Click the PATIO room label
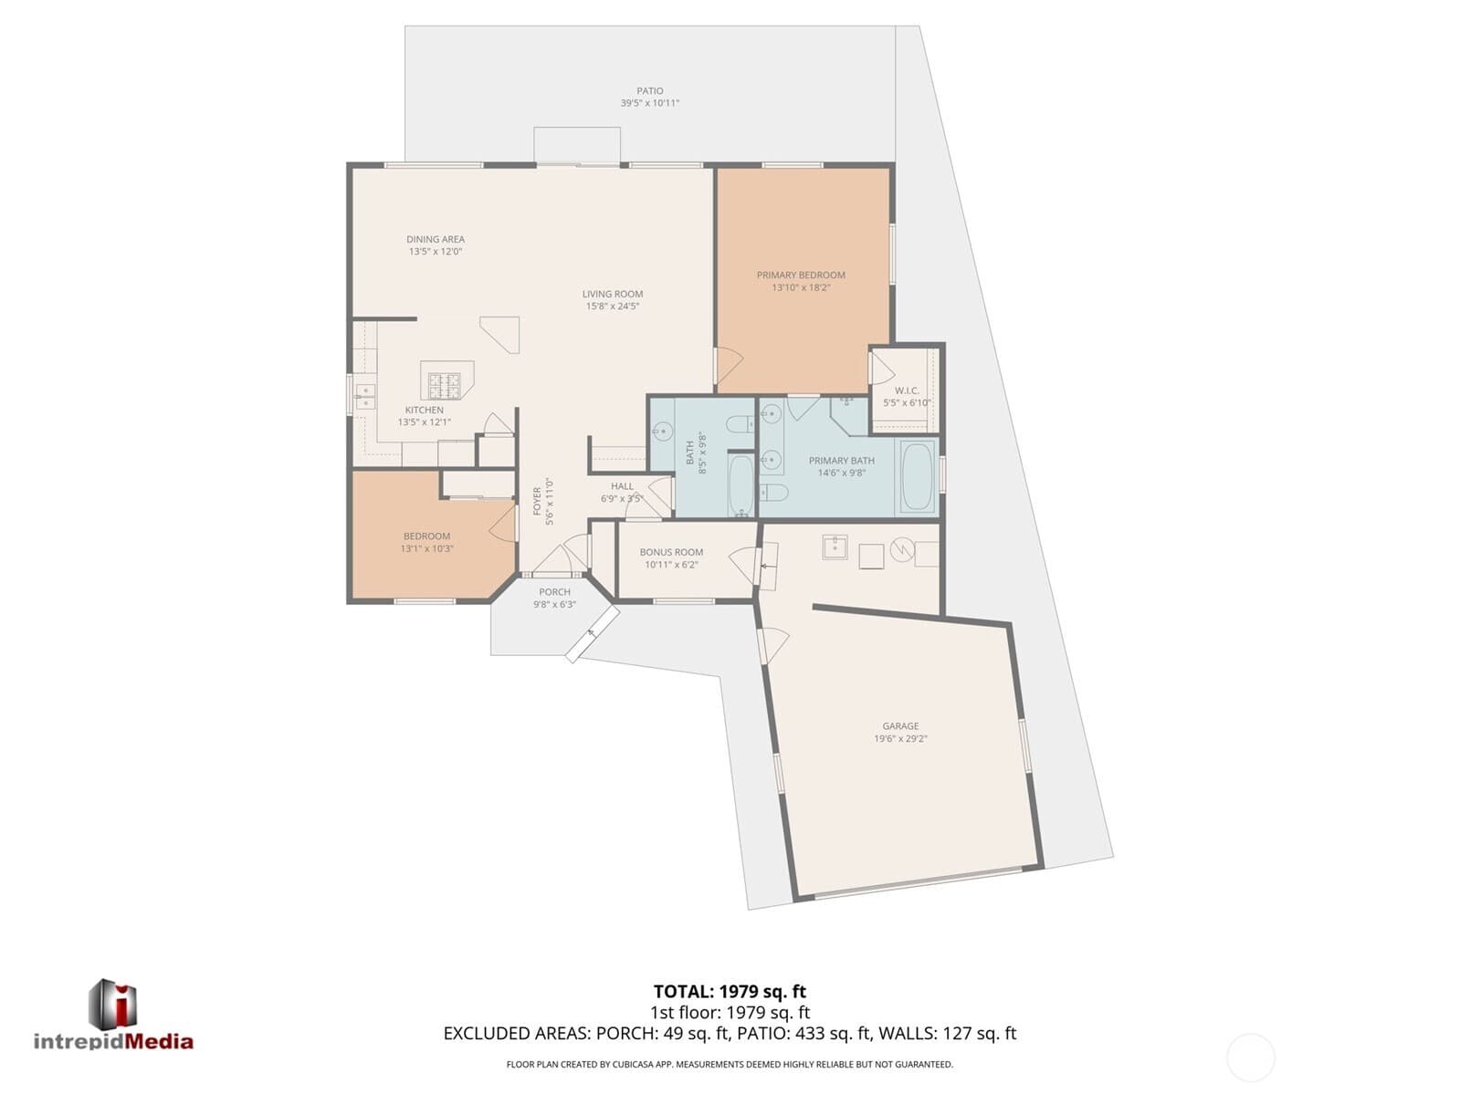(650, 91)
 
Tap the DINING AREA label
(436, 239)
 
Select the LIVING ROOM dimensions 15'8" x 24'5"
(613, 307)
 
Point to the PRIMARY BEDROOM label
(801, 276)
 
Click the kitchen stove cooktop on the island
(445, 385)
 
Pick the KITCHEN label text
(425, 410)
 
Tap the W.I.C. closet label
(907, 391)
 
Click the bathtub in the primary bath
(919, 476)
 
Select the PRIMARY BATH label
(842, 461)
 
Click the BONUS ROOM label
(671, 552)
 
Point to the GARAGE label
(900, 726)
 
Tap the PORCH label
(555, 592)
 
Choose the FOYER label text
(538, 501)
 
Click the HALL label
(622, 486)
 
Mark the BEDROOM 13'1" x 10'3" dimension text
(427, 549)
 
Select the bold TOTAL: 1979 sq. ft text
(730, 992)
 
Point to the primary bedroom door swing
(730, 364)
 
